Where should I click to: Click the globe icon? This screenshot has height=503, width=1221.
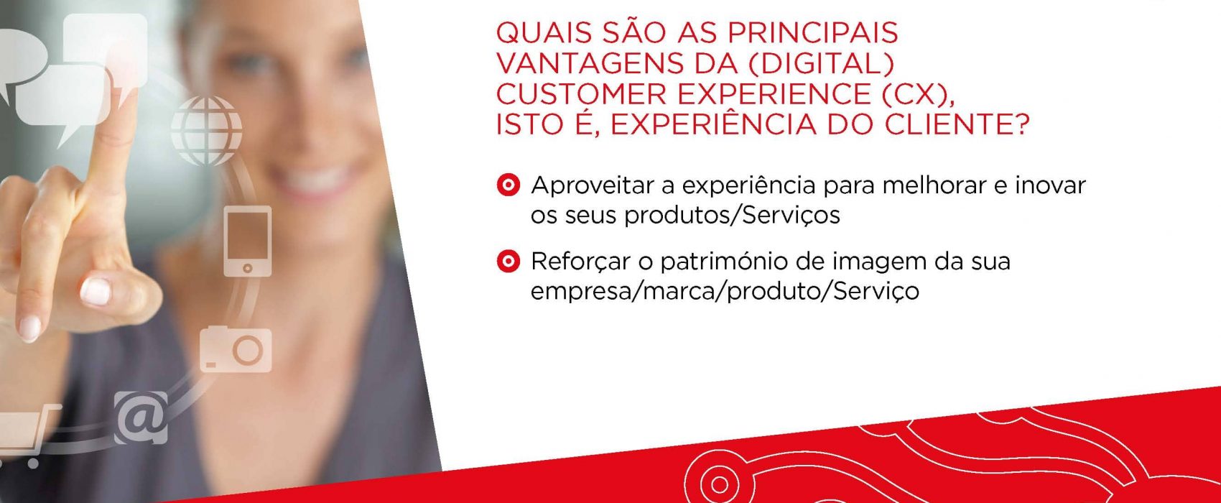207,130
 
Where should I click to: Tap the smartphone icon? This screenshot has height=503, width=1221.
248,241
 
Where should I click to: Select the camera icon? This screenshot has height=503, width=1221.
236,349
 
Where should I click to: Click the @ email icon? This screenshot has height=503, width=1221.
141,417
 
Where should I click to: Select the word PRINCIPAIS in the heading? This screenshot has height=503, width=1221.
813,33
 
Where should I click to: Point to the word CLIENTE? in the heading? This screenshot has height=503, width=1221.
957,125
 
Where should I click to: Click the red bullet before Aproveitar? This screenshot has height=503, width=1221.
509,185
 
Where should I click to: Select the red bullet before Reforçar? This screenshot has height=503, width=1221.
509,262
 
